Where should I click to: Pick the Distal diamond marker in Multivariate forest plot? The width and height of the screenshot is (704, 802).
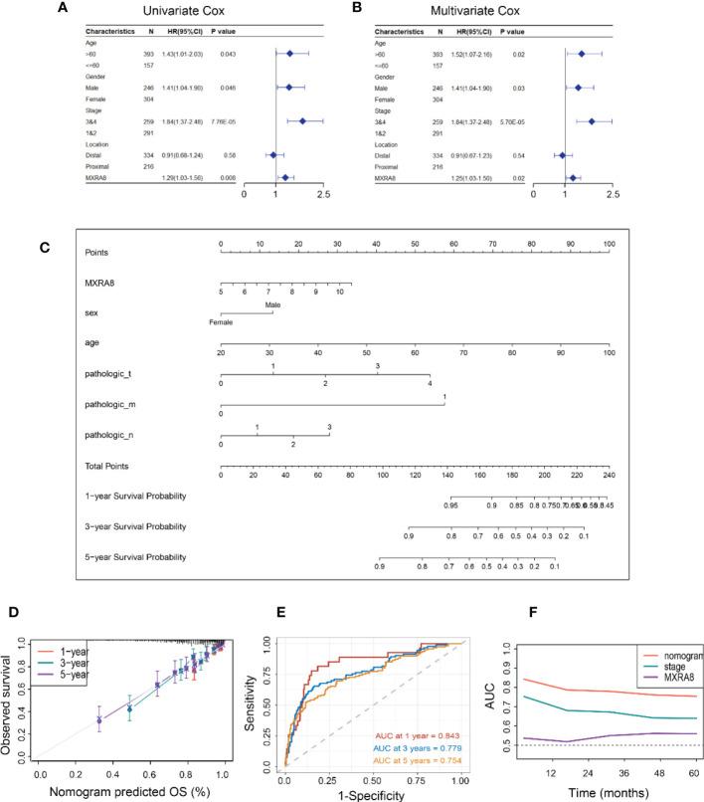pyautogui.click(x=562, y=155)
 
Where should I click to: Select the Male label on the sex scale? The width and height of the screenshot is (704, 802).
pyautogui.click(x=272, y=305)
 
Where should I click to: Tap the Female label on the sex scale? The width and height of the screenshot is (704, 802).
pyautogui.click(x=221, y=322)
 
